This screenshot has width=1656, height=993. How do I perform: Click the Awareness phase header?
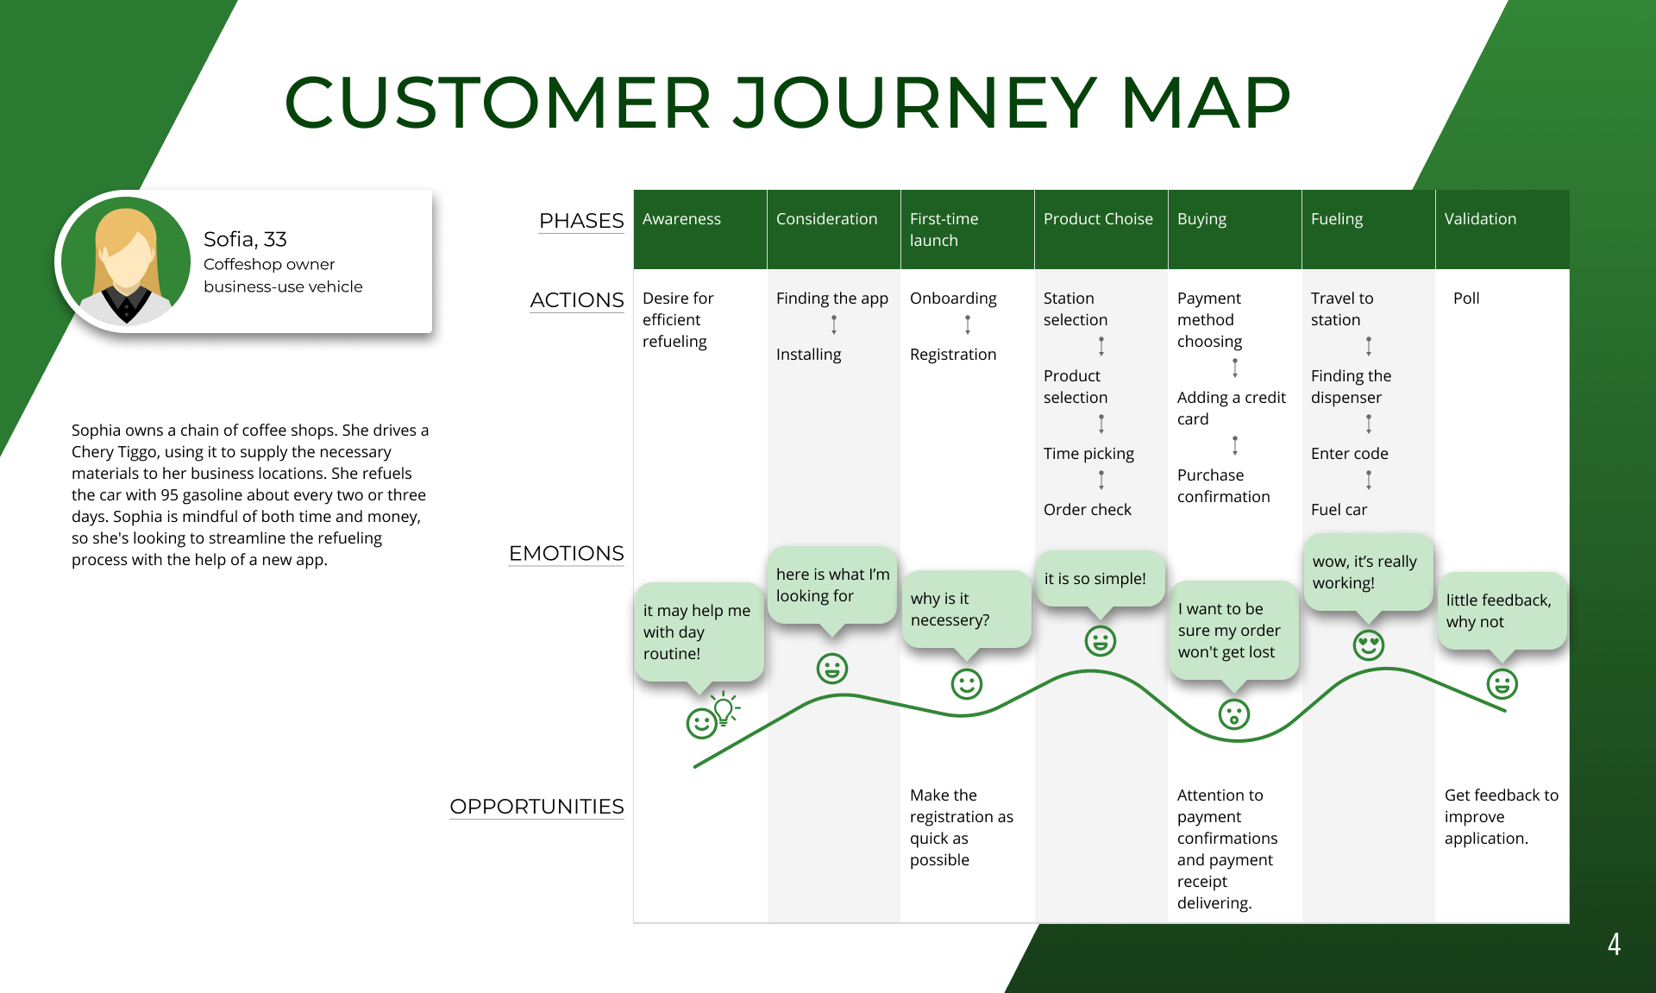click(681, 219)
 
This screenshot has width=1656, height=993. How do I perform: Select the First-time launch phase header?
click(944, 229)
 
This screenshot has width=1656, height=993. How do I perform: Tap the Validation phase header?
click(1480, 219)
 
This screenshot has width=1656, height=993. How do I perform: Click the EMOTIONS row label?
click(566, 553)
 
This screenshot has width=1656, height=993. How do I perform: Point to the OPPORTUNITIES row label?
click(536, 807)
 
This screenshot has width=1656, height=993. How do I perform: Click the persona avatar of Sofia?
click(126, 261)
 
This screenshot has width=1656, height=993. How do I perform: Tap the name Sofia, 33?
click(245, 239)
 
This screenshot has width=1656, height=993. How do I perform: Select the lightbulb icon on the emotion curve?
click(724, 709)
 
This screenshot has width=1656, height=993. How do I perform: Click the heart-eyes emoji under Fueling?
click(1369, 644)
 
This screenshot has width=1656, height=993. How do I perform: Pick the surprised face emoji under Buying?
click(1234, 714)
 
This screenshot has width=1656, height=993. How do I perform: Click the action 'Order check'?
click(1088, 510)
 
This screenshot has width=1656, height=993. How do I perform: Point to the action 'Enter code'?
click(1350, 454)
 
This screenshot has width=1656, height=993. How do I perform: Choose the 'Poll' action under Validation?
click(1466, 299)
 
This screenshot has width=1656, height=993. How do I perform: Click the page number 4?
click(1614, 944)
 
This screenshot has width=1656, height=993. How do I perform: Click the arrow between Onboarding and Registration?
click(968, 324)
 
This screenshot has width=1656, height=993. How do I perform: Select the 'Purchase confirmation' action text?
click(1223, 486)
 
